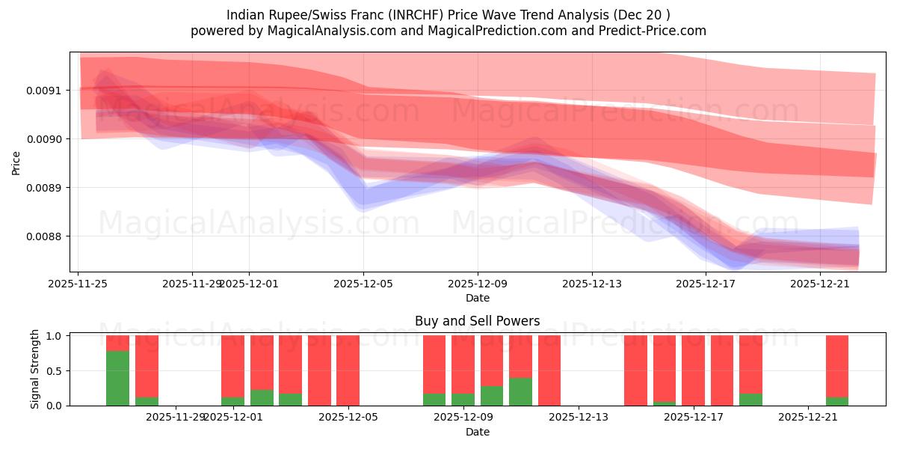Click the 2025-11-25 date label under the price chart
pyautogui.click(x=78, y=284)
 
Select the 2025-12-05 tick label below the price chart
pyautogui.click(x=363, y=284)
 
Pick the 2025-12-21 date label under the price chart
pyautogui.click(x=820, y=284)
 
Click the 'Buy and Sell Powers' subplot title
pyautogui.click(x=477, y=321)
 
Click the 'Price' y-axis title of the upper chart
pyautogui.click(x=16, y=162)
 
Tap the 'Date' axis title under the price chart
pyautogui.click(x=477, y=298)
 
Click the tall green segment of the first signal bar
pyautogui.click(x=117, y=378)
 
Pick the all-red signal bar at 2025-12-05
pyautogui.click(x=348, y=370)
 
